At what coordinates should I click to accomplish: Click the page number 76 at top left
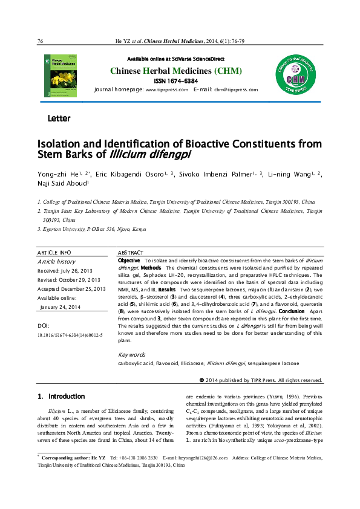40,41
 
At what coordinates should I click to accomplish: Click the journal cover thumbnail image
60,75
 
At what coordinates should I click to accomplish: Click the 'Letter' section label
59,118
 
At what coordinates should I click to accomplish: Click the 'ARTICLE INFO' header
54,252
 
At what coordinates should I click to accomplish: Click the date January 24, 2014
61,307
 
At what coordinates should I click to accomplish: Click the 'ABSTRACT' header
130,252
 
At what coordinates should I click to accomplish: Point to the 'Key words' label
131,355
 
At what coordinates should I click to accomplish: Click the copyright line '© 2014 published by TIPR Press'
261,380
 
